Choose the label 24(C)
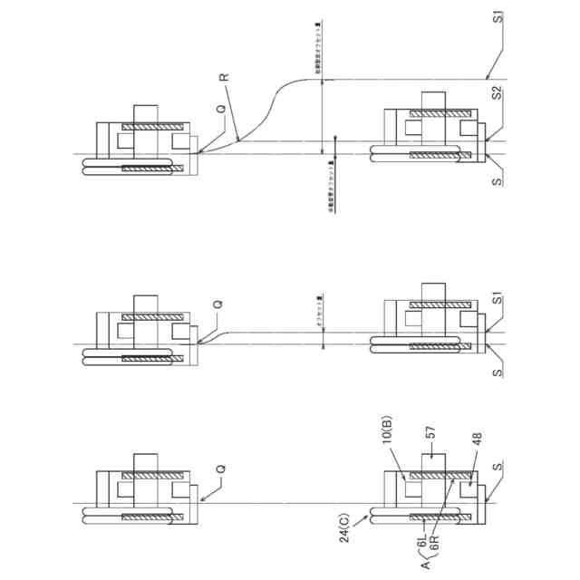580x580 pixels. pyautogui.click(x=349, y=531)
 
